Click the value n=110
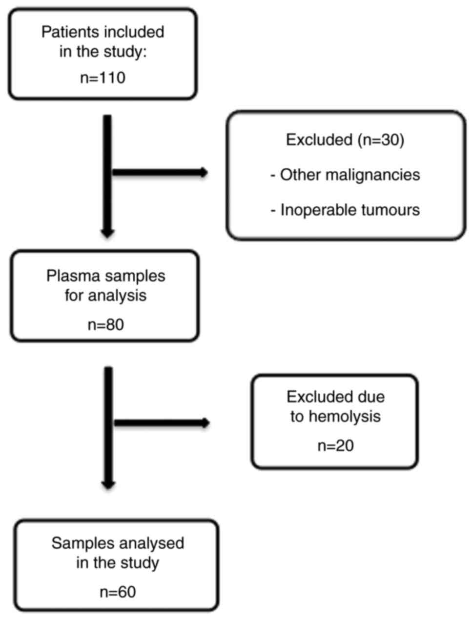103,78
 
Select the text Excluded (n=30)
345,140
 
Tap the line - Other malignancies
345,175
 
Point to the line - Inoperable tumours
345,210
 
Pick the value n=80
105,324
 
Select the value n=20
335,446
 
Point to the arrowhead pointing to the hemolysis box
205,423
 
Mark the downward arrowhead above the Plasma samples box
107,233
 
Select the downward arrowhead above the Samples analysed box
108,484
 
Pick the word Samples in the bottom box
78,543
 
